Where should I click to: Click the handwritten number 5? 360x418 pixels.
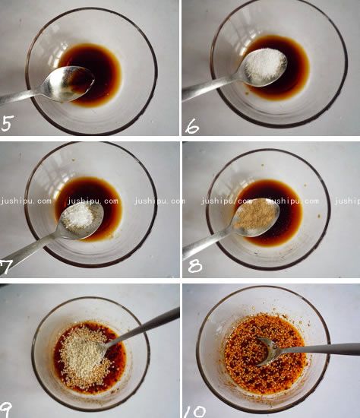coord(7,123)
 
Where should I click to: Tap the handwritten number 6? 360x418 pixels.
coord(192,126)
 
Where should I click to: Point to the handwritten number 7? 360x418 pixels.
coord(5,268)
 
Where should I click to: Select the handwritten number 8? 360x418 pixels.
coord(195,265)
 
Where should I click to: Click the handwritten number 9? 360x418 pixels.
coord(5,410)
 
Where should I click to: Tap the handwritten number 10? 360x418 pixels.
coord(195,412)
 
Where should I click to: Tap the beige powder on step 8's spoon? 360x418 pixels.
coord(255,217)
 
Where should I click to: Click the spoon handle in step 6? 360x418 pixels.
coord(210,87)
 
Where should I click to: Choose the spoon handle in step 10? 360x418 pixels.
coord(318,349)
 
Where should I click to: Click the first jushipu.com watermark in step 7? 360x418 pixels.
coord(26,201)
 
